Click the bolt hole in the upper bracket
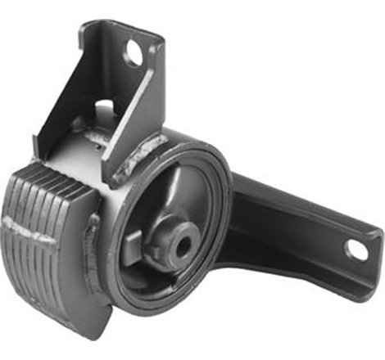[134, 54]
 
